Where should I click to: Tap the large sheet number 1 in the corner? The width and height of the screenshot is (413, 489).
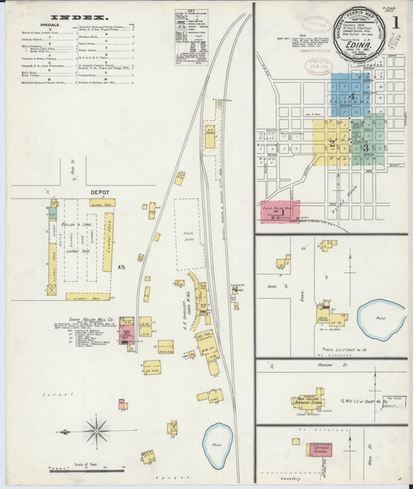394,22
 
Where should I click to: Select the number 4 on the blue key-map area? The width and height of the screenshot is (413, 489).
351,96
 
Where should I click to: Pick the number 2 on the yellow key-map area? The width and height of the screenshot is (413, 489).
331,142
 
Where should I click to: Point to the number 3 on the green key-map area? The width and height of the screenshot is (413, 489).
365,147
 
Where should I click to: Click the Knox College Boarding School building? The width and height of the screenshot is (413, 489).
308,400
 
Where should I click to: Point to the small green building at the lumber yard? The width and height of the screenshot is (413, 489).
52,210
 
